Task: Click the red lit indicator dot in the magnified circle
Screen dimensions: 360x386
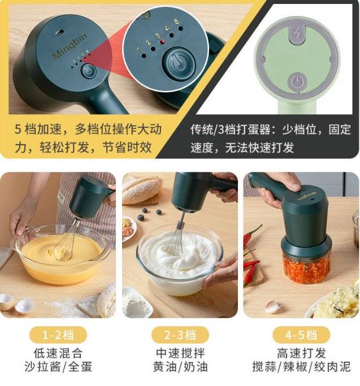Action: pos(163,42)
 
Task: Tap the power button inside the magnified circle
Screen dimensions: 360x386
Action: pos(179,63)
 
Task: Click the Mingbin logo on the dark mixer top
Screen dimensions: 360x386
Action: pos(70,46)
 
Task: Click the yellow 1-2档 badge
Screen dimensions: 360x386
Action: pos(58,335)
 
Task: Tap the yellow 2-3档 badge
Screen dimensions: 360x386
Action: pos(180,335)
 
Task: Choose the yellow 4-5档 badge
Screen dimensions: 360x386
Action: pos(301,335)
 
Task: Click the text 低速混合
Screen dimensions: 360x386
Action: pos(58,354)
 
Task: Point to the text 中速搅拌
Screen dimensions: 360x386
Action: pos(180,354)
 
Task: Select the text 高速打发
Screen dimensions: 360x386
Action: pos(301,354)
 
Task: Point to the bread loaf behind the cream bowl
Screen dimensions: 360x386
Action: pos(141,189)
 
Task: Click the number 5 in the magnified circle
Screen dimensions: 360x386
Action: pos(176,21)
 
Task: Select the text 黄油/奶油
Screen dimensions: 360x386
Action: pos(180,367)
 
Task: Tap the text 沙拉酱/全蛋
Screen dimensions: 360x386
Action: pos(58,367)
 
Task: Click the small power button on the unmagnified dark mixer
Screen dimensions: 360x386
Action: pos(88,71)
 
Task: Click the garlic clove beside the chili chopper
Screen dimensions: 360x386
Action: pos(272,307)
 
